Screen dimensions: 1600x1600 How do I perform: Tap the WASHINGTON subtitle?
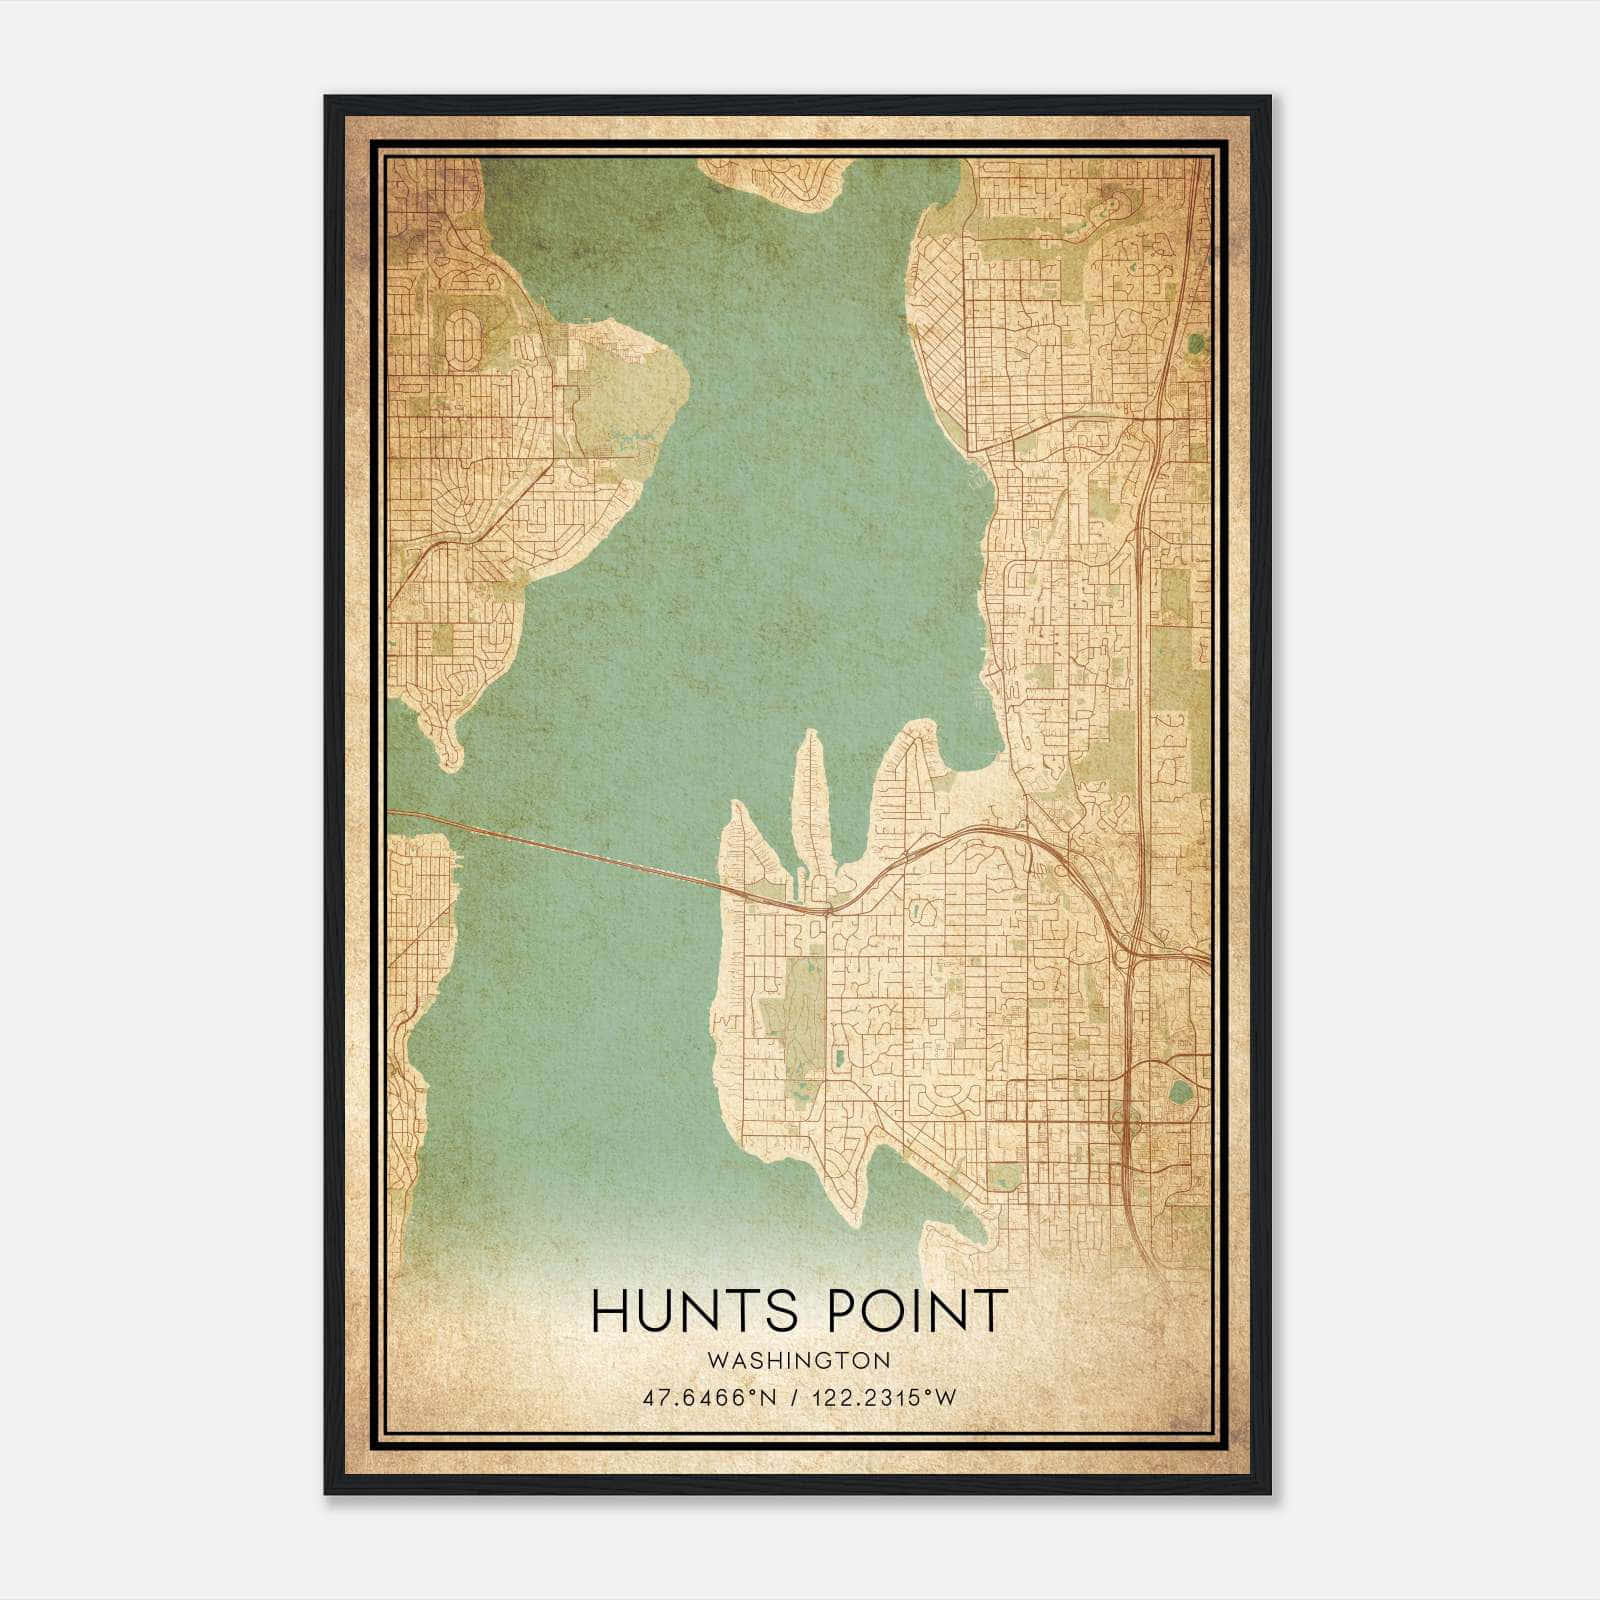[x=799, y=1360]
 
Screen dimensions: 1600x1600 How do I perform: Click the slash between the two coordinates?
[x=794, y=1398]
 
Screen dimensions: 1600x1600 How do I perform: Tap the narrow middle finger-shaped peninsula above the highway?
[x=809, y=800]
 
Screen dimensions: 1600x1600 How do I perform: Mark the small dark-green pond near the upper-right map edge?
[x=1196, y=343]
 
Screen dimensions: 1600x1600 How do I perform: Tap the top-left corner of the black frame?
[x=327, y=98]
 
